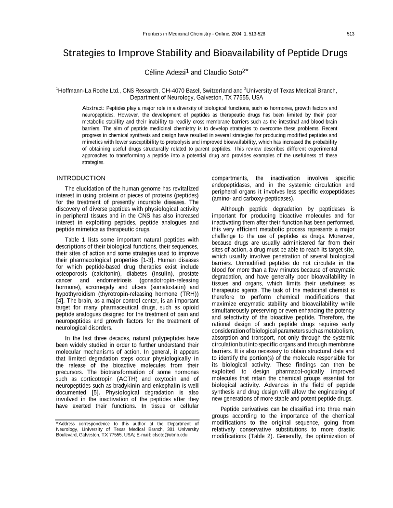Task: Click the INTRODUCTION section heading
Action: tap(80, 178)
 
